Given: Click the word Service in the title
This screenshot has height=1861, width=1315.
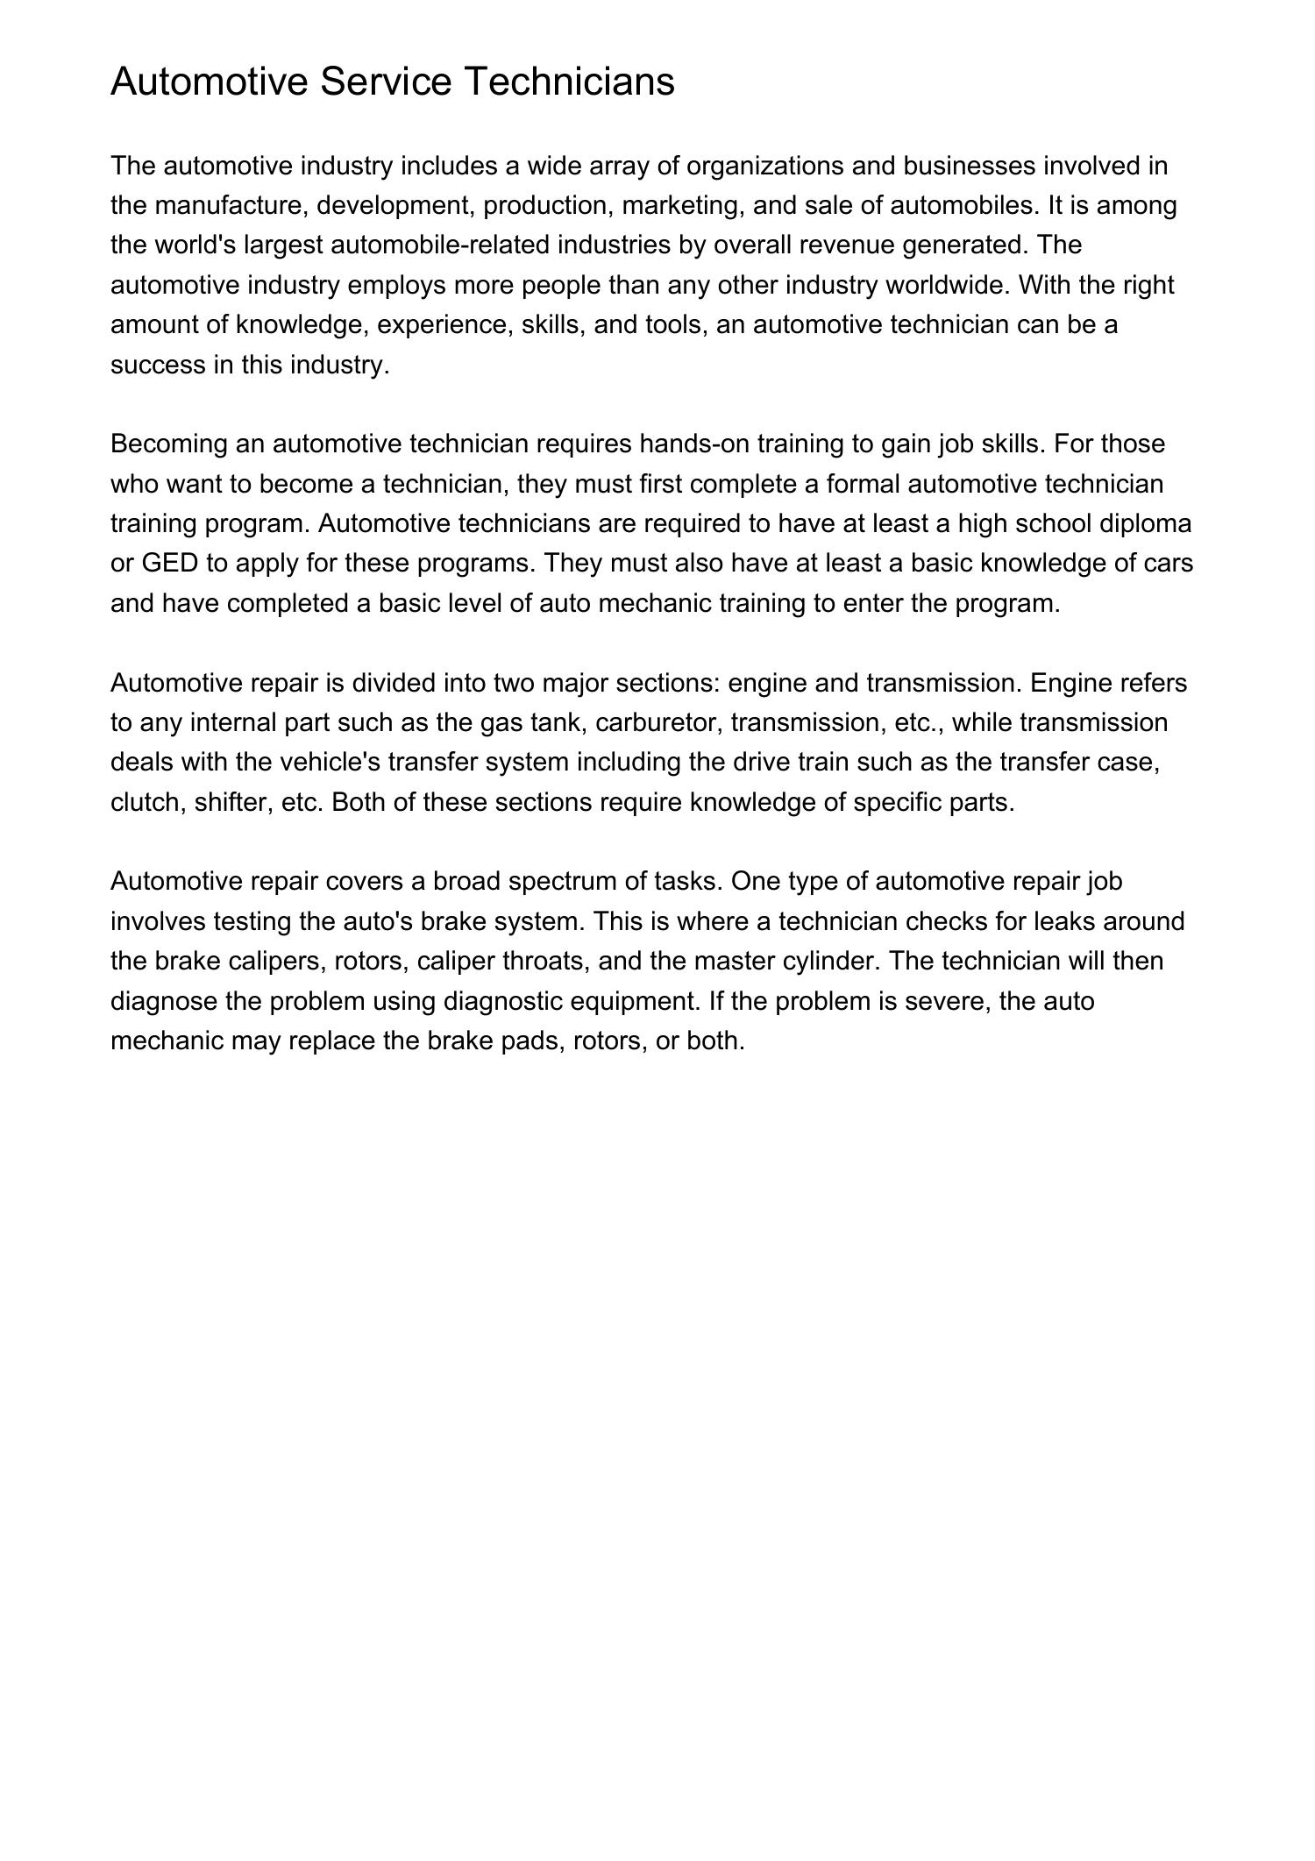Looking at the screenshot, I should (386, 82).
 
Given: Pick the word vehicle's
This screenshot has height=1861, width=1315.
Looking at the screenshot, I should (330, 762).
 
